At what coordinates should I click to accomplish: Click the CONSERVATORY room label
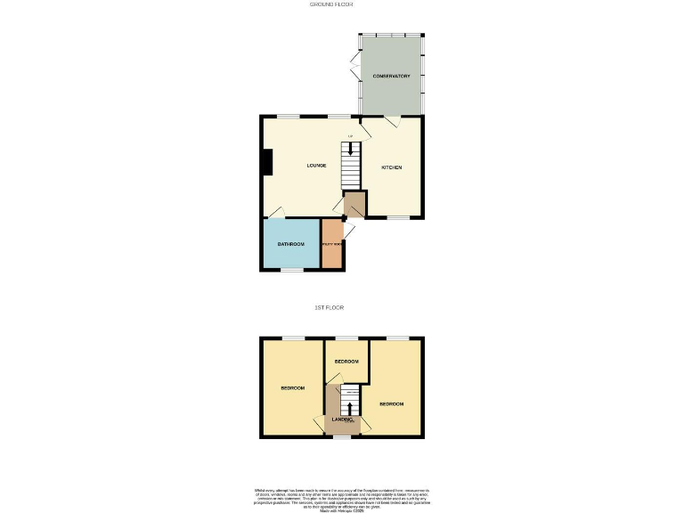391,77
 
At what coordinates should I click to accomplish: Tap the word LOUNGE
316,166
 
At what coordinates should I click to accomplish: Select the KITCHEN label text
392,167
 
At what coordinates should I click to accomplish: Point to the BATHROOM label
290,244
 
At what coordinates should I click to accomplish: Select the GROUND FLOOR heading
331,4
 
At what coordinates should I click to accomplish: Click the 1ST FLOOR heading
330,307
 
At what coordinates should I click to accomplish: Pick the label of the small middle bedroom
346,361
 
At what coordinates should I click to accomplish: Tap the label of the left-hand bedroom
292,387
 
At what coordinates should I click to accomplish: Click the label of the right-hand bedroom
391,403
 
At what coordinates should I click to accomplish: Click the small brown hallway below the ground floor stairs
354,204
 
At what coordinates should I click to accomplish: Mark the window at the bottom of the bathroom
290,268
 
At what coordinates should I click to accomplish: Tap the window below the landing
342,437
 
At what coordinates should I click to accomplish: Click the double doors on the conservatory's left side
354,67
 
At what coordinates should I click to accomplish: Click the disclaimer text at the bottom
342,499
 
